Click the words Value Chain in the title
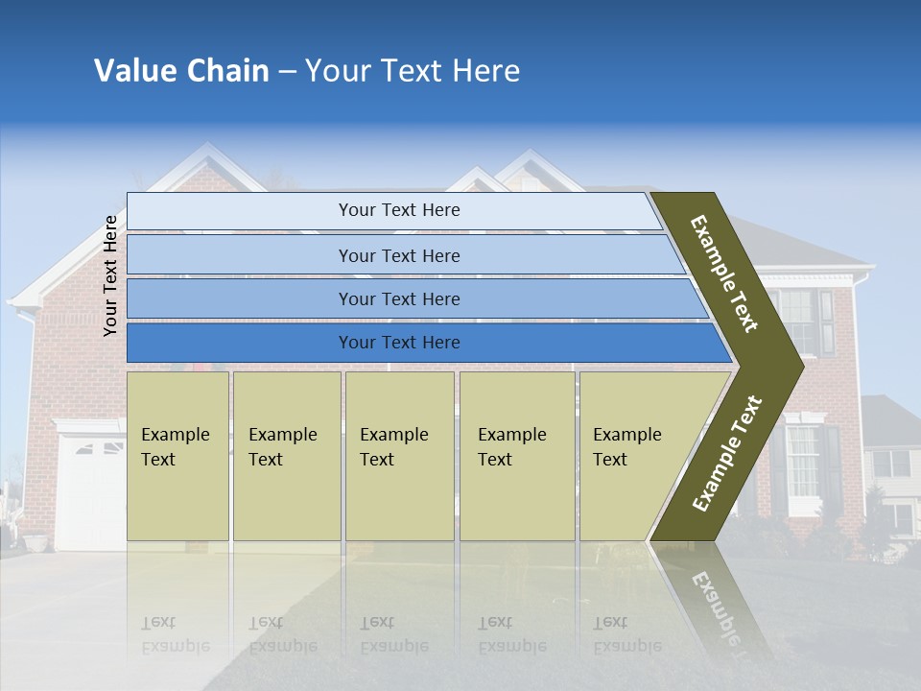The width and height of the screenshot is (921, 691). click(181, 71)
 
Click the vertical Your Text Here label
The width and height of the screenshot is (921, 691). click(110, 275)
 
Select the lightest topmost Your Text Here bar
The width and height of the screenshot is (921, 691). click(398, 210)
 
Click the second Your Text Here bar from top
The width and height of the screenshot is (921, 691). click(398, 255)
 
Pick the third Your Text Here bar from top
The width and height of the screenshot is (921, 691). click(398, 298)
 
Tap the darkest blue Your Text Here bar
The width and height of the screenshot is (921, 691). click(398, 343)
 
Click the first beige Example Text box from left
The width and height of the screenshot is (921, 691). click(177, 455)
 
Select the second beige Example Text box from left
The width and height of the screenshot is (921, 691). click(286, 455)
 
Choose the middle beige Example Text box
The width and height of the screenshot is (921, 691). click(399, 455)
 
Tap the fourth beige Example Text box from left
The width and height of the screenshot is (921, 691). click(516, 455)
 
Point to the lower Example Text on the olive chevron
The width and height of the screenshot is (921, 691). click(726, 453)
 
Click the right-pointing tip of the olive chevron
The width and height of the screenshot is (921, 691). click(796, 366)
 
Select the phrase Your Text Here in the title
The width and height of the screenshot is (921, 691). click(413, 71)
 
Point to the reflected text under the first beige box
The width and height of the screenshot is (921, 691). click(175, 633)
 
